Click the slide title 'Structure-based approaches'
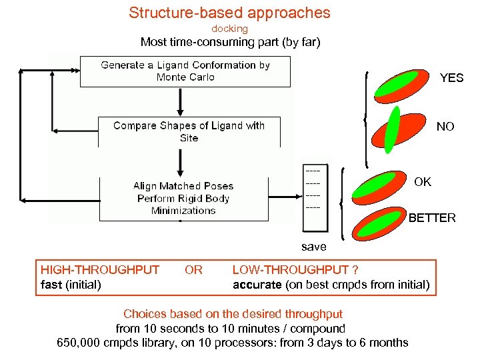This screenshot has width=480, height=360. [229, 13]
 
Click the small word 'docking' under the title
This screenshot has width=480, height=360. [229, 29]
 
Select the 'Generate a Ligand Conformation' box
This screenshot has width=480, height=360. [185, 71]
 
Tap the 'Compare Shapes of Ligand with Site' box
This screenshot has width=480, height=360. [189, 131]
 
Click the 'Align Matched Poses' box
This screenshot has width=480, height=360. [183, 198]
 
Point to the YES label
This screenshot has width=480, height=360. [451, 78]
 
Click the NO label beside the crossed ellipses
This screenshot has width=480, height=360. [445, 127]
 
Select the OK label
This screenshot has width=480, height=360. [423, 182]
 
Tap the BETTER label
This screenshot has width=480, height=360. [432, 218]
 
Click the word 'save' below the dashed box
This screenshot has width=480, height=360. [313, 247]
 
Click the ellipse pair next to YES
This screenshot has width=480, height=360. [399, 86]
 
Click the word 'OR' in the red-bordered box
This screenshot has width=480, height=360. [193, 270]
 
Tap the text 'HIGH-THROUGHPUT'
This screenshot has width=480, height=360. [100, 270]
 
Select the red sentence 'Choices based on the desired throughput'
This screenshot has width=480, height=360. [233, 313]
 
